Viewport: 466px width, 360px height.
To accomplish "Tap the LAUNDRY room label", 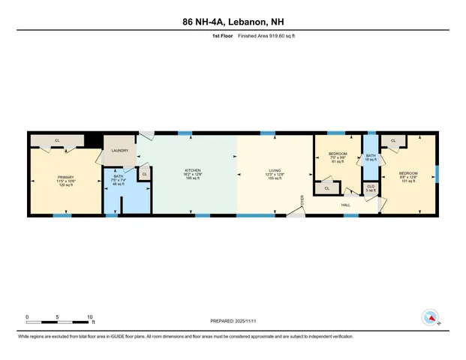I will (x=120, y=151).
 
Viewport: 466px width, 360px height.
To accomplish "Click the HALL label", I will (x=346, y=204).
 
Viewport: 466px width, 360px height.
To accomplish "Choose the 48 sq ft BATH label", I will (x=119, y=179).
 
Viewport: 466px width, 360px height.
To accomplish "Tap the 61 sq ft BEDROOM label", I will (x=338, y=157).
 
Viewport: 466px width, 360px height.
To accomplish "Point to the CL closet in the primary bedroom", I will (x=57, y=140).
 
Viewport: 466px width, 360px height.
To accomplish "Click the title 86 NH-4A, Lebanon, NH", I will (x=233, y=22).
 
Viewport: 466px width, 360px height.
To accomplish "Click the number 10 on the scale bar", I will (x=90, y=316).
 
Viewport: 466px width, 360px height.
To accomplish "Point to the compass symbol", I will (x=431, y=318).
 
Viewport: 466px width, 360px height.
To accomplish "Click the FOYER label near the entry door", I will (x=302, y=201).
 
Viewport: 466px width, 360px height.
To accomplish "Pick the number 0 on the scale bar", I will (x=27, y=316).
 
